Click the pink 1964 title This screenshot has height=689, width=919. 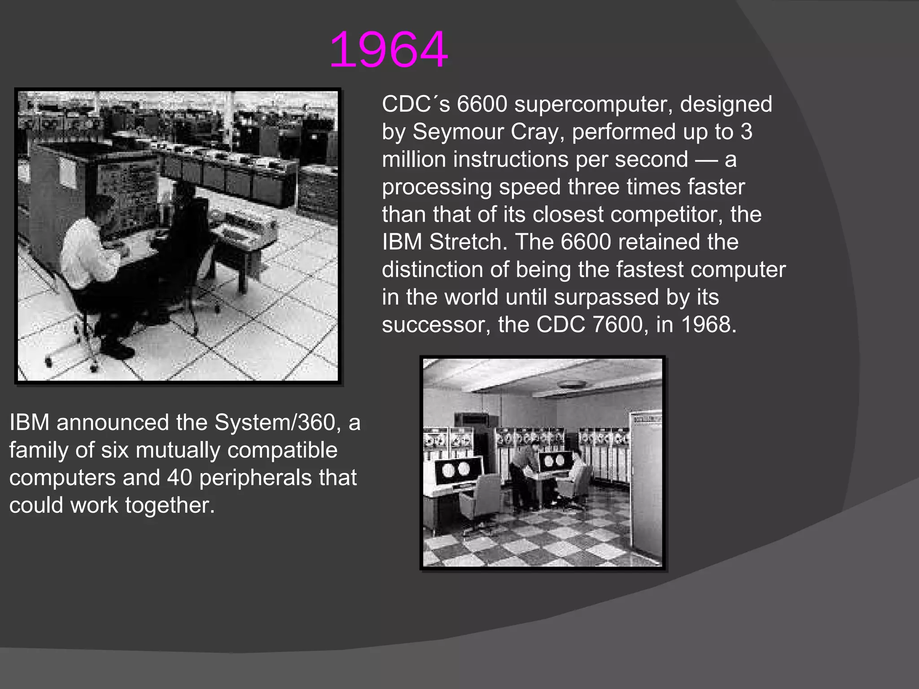click(388, 49)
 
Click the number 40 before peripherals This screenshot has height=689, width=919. click(179, 478)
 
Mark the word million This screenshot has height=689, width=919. click(414, 159)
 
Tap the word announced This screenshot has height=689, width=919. click(113, 423)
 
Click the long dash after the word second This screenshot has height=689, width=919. click(706, 160)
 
